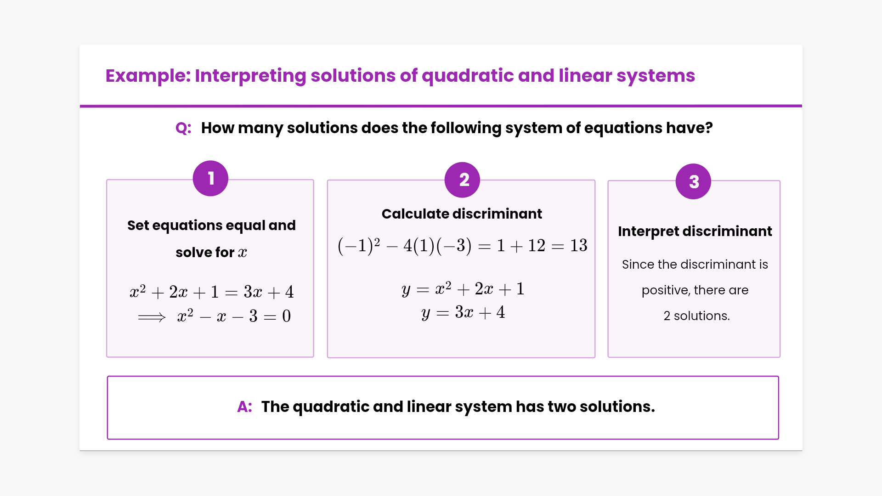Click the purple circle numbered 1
point(210,178)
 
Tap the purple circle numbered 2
point(462,180)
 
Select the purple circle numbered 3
point(693,181)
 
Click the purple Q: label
point(183,128)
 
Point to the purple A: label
point(244,407)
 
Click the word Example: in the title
point(148,76)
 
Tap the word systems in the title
point(656,76)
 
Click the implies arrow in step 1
point(152,317)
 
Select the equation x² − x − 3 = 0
point(234,316)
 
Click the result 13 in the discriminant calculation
point(578,246)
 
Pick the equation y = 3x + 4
point(463,313)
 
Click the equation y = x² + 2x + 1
point(463,289)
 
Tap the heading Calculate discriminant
point(462,214)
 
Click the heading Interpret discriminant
point(695,231)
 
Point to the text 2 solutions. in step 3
point(696,316)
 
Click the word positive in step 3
point(666,291)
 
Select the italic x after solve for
point(243,253)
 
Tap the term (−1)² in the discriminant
point(359,246)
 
